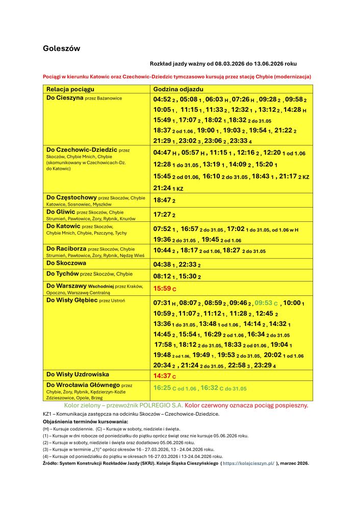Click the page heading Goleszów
tap(61, 48)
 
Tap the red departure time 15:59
tap(162, 289)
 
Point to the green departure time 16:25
tap(162, 388)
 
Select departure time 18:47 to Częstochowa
tap(162, 201)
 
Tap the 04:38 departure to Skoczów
tap(162, 265)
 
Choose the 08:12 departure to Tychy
tap(162, 276)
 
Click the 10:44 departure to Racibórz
tap(162, 251)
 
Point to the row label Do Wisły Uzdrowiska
tap(78, 374)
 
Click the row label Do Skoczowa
tap(66, 263)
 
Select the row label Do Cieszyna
tap(65, 97)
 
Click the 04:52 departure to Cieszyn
tap(162, 100)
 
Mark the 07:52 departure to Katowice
tap(162, 229)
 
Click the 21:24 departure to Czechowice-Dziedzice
tap(162, 188)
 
